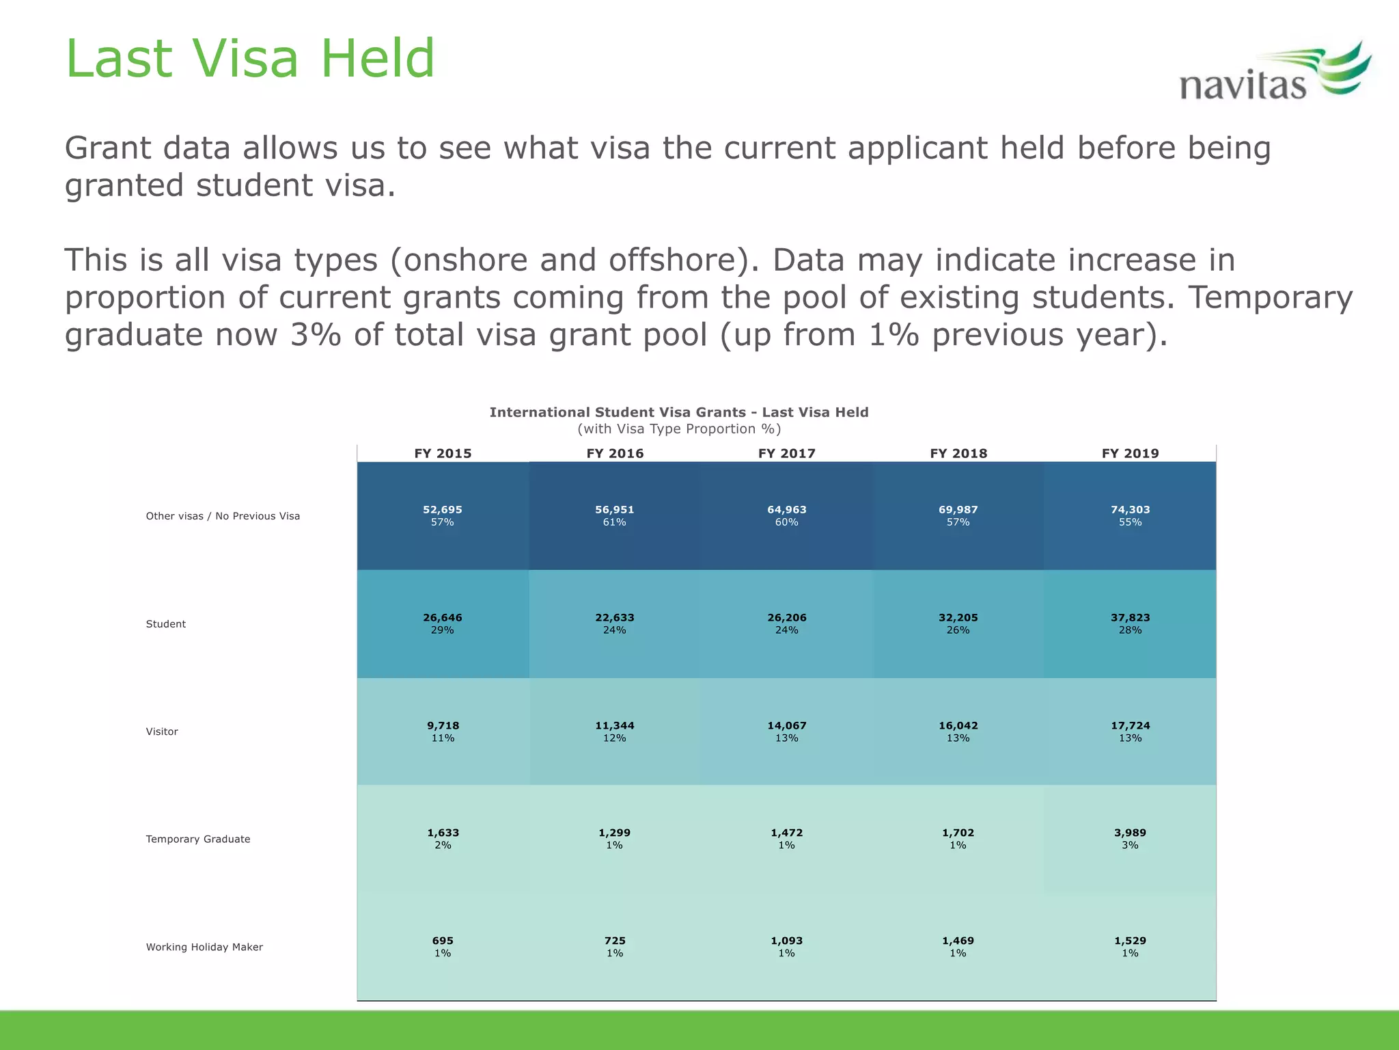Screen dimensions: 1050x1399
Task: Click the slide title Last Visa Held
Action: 250,59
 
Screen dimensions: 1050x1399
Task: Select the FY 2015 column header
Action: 443,453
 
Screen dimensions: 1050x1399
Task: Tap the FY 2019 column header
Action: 1130,453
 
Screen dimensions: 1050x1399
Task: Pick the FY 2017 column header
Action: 786,453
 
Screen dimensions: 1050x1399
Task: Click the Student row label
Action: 166,624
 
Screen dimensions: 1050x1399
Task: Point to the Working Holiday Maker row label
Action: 204,947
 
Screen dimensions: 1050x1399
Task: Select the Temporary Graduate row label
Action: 198,839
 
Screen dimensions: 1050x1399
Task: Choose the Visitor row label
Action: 162,731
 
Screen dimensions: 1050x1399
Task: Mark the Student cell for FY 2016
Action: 615,623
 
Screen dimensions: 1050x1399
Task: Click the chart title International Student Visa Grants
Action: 679,412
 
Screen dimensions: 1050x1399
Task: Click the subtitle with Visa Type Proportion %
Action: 679,429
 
